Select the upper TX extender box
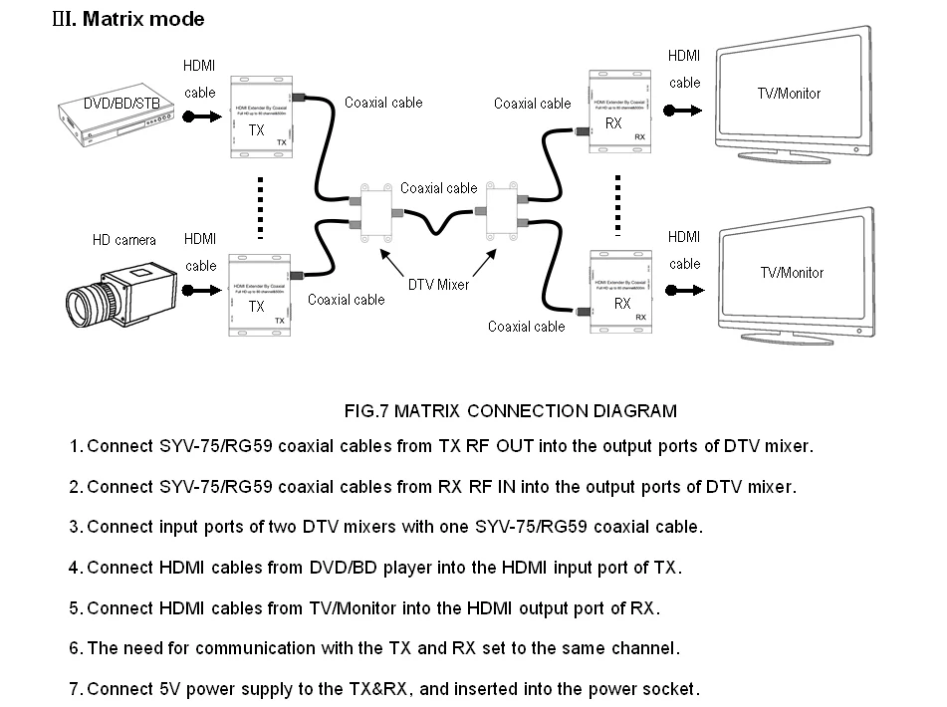261,117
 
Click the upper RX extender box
620,113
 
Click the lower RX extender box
620,291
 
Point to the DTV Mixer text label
438,285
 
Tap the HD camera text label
124,240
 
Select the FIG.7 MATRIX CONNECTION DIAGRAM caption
510,410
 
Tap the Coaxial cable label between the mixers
438,187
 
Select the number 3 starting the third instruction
75,527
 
